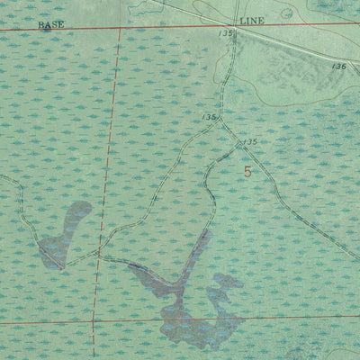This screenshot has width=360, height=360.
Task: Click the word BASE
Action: [x=51, y=25]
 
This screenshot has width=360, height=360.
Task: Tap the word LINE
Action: [x=251, y=19]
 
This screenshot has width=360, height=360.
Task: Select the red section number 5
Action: [x=247, y=170]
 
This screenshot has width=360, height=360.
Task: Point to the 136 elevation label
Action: [x=338, y=67]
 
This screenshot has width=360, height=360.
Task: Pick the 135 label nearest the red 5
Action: [x=249, y=143]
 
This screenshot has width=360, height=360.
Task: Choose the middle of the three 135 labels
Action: [x=211, y=117]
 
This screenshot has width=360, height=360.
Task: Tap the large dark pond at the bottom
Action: [x=198, y=310]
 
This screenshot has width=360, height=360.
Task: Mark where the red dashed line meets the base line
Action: [x=121, y=28]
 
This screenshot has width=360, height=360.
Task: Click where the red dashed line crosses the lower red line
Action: [x=93, y=320]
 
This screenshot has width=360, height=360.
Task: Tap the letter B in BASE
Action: [x=41, y=25]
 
